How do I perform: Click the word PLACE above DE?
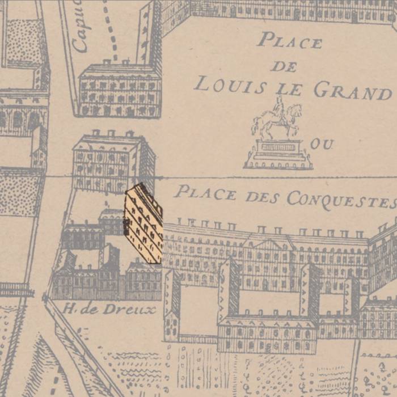pyautogui.click(x=289, y=41)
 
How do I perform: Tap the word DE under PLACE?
pyautogui.click(x=284, y=66)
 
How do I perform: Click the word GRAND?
pyautogui.click(x=352, y=91)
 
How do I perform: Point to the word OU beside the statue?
pyautogui.click(x=322, y=144)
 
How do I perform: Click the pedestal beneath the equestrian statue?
pyautogui.click(x=278, y=154)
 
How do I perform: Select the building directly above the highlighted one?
pyautogui.click(x=113, y=162)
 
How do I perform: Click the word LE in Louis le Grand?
pyautogui.click(x=290, y=88)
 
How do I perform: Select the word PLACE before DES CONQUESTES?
pyautogui.click(x=205, y=193)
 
